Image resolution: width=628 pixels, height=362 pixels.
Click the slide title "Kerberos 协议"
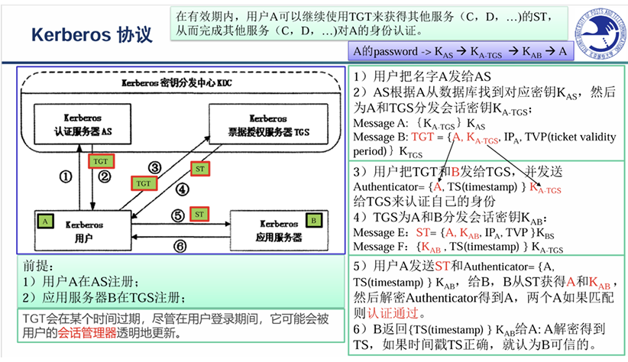[x=91, y=34]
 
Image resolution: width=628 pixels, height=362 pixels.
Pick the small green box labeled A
[x=46, y=220]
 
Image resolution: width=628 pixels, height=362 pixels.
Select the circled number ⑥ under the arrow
[x=180, y=246]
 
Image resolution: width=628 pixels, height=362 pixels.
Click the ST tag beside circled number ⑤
[x=199, y=213]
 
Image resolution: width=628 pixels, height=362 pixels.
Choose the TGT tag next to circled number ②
[x=100, y=162]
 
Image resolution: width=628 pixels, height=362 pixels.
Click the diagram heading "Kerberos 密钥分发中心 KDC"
[x=180, y=82]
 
